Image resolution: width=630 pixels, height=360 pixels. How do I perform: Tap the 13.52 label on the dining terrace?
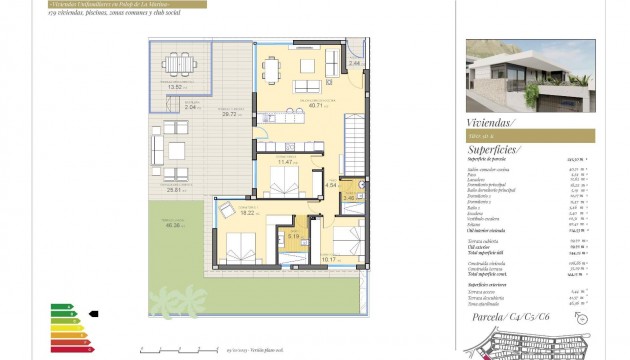pyautogui.click(x=176, y=88)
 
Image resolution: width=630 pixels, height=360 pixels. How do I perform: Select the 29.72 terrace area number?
pyautogui.click(x=230, y=114)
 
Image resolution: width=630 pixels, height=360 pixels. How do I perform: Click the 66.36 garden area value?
pyautogui.click(x=176, y=225)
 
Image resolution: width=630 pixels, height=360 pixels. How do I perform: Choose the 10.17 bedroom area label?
pyautogui.click(x=329, y=259)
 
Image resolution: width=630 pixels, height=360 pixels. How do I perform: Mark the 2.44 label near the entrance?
pyautogui.click(x=354, y=64)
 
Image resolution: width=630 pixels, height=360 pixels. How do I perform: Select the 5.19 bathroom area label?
pyautogui.click(x=293, y=236)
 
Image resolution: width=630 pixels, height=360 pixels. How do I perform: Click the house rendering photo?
pyautogui.click(x=530, y=72)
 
